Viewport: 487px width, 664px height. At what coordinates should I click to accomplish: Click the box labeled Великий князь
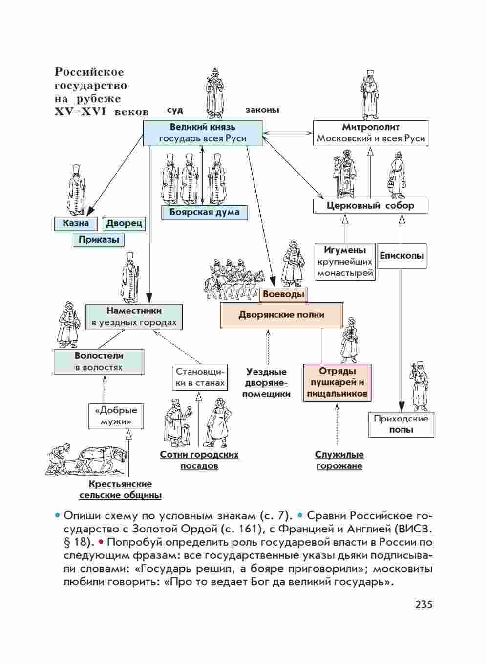(x=202, y=133)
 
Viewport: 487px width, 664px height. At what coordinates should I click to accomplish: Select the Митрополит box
(x=370, y=133)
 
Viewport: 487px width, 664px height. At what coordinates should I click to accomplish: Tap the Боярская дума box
(x=205, y=212)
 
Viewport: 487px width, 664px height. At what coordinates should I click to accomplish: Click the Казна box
(x=76, y=223)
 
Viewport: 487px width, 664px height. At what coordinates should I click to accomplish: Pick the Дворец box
(x=124, y=223)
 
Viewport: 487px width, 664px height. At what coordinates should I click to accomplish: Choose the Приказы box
(x=99, y=240)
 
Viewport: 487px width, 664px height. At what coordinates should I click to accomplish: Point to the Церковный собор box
(x=370, y=206)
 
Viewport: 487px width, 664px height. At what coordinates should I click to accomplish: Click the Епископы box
(x=402, y=256)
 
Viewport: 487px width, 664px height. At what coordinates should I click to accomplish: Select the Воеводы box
(x=283, y=294)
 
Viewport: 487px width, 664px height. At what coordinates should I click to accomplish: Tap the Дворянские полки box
(x=281, y=315)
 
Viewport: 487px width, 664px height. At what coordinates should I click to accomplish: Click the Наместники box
(x=134, y=316)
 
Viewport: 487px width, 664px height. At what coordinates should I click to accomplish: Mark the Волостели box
(x=99, y=361)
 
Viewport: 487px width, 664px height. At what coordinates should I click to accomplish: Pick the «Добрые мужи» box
(x=115, y=416)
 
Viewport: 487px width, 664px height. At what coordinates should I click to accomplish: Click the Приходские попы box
(x=401, y=424)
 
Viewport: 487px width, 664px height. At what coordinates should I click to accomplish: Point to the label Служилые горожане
(x=339, y=460)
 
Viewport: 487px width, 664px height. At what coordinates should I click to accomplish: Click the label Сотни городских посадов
(x=199, y=460)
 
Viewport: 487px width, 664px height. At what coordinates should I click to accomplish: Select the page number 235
(x=423, y=605)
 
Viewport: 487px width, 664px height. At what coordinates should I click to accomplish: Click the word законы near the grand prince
(x=262, y=110)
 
